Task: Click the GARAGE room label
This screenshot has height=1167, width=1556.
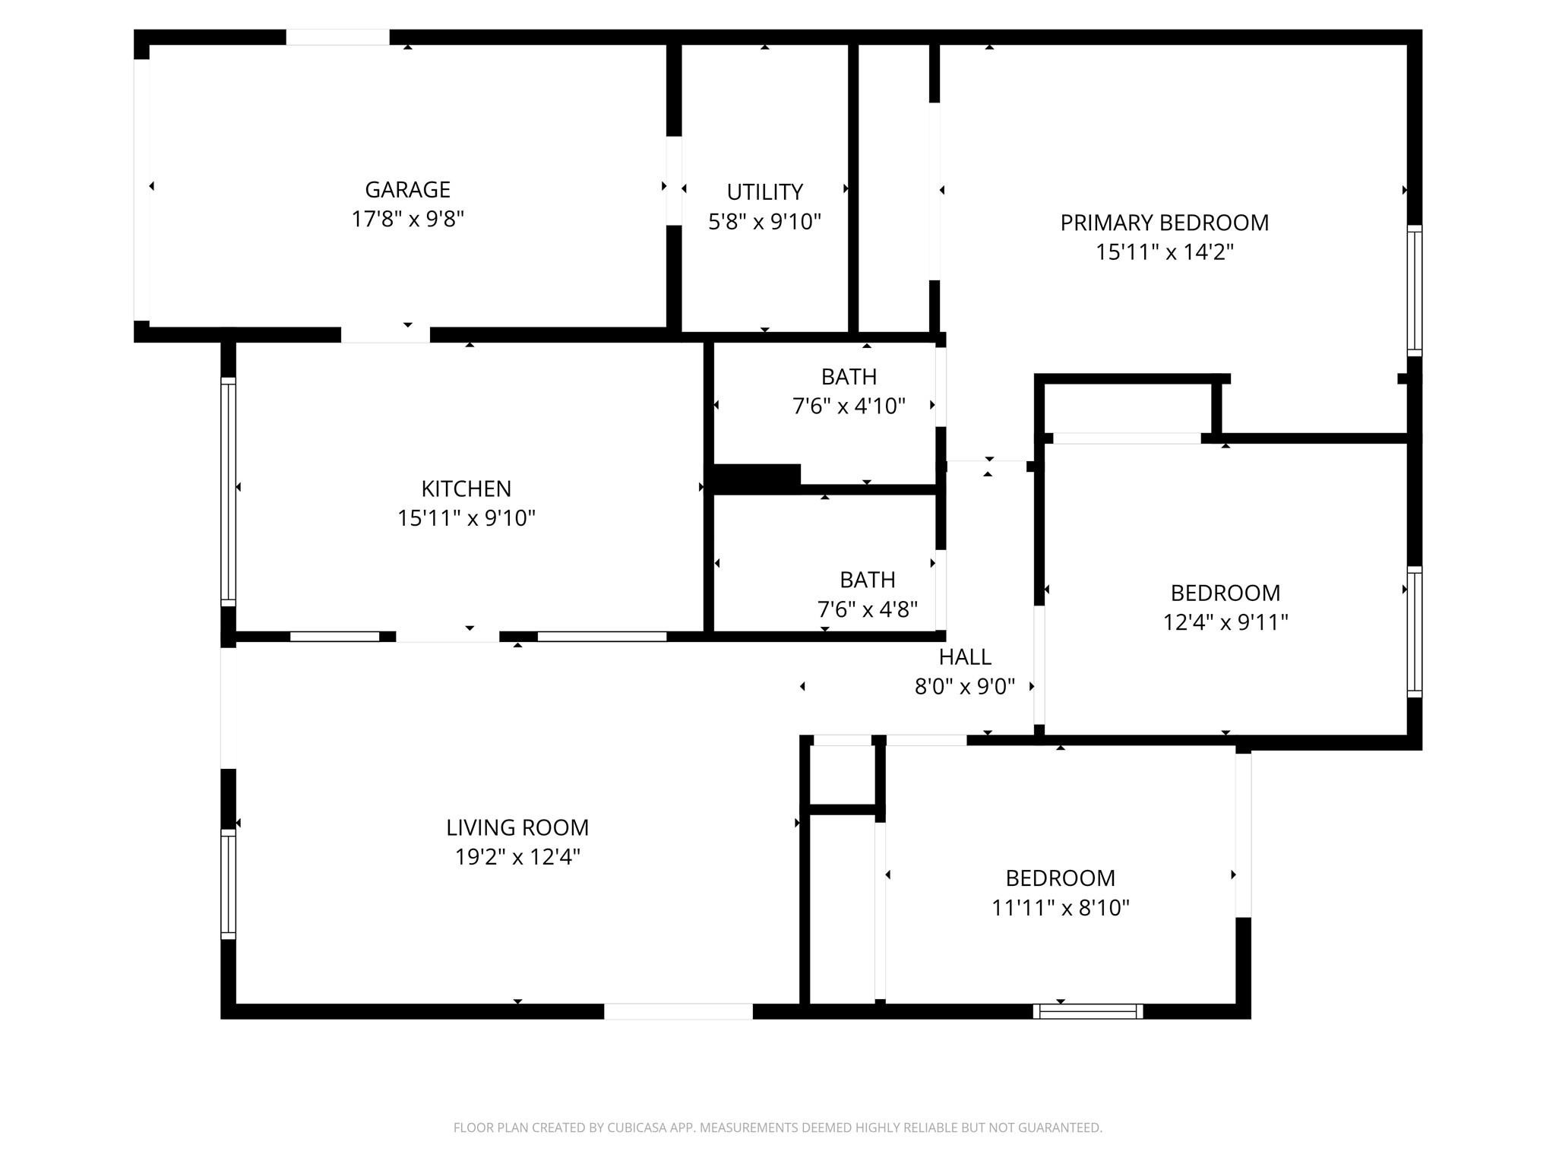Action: pyautogui.click(x=407, y=189)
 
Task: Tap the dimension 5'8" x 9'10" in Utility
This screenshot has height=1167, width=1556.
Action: pyautogui.click(x=764, y=222)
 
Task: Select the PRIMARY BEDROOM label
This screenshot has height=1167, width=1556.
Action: pyautogui.click(x=1164, y=223)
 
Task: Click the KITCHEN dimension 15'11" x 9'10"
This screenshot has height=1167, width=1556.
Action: pyautogui.click(x=466, y=518)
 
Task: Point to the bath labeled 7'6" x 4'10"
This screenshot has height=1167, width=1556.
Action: pyautogui.click(x=849, y=406)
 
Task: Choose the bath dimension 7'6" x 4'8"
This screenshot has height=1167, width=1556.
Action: pyautogui.click(x=867, y=609)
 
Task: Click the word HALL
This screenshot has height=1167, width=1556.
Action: pyautogui.click(x=964, y=656)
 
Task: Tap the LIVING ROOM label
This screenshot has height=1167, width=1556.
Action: pyautogui.click(x=517, y=827)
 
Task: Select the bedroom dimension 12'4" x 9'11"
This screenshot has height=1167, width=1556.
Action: pyautogui.click(x=1225, y=622)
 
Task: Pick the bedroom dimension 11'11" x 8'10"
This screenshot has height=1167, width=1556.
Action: pyautogui.click(x=1060, y=908)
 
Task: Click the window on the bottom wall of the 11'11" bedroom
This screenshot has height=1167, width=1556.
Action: pyautogui.click(x=1087, y=1010)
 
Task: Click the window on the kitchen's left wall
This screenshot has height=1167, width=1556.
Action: pyautogui.click(x=228, y=492)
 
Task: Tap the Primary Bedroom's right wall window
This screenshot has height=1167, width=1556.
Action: pyautogui.click(x=1414, y=290)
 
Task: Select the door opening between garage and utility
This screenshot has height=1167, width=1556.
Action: pyautogui.click(x=674, y=181)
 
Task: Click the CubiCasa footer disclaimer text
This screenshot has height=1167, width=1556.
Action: pyautogui.click(x=777, y=1127)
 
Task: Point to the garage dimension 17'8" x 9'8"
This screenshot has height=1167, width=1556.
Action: pyautogui.click(x=407, y=219)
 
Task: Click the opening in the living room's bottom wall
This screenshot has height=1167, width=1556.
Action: pyautogui.click(x=678, y=1011)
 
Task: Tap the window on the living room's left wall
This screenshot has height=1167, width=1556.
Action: pyautogui.click(x=228, y=884)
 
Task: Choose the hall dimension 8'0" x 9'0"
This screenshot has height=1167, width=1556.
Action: pyautogui.click(x=964, y=687)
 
